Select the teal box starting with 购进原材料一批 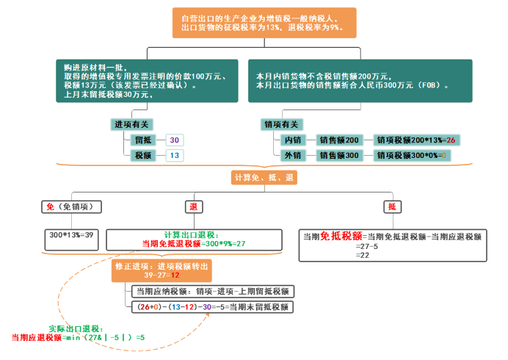[x=147, y=80]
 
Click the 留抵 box [x=142, y=140]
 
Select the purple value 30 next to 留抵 [x=174, y=140]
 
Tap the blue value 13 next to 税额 [x=174, y=156]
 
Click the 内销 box [x=292, y=140]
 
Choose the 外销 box [x=292, y=156]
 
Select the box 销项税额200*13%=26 [x=416, y=140]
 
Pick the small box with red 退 [x=193, y=207]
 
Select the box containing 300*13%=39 [x=72, y=236]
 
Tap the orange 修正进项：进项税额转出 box [x=162, y=270]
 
